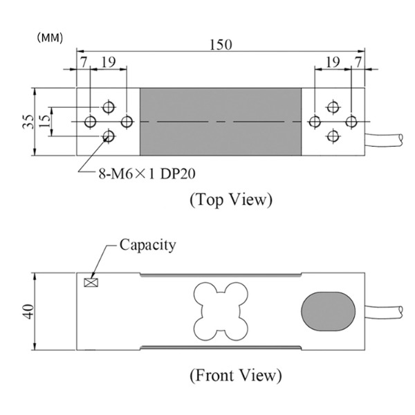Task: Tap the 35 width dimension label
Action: pos(27,122)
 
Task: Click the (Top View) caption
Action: pos(230,200)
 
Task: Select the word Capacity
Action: pos(148,244)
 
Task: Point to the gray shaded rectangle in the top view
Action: pos(221,122)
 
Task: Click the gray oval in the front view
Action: pos(328,309)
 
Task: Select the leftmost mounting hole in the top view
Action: pos(91,122)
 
